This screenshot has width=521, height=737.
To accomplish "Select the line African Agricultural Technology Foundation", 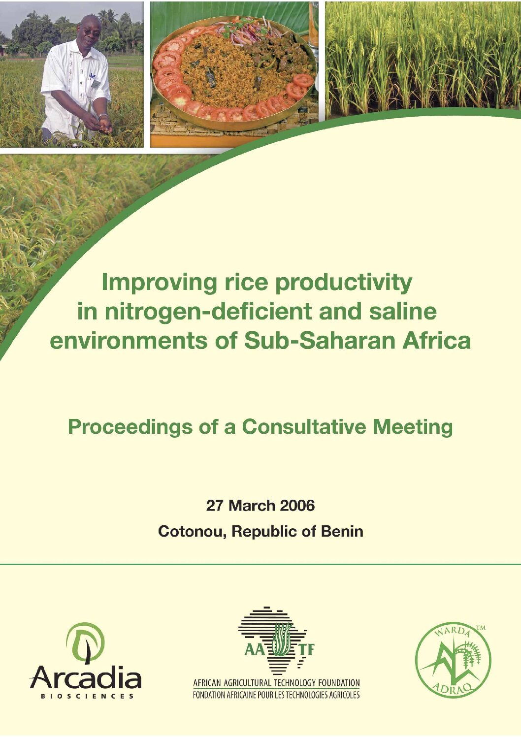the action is pyautogui.click(x=276, y=683).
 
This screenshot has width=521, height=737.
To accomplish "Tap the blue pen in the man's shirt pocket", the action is pyautogui.click(x=93, y=77).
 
